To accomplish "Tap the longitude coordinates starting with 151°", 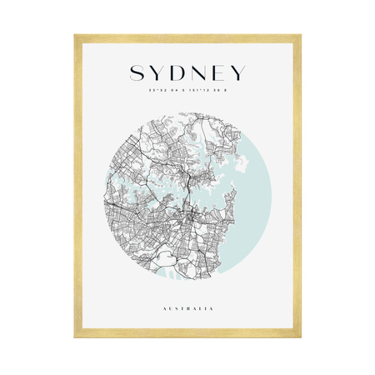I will click(x=208, y=92).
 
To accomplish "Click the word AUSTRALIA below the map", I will click(x=187, y=308).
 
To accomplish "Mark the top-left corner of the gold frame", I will click(x=75, y=36).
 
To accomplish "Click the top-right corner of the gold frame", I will click(x=300, y=36).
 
